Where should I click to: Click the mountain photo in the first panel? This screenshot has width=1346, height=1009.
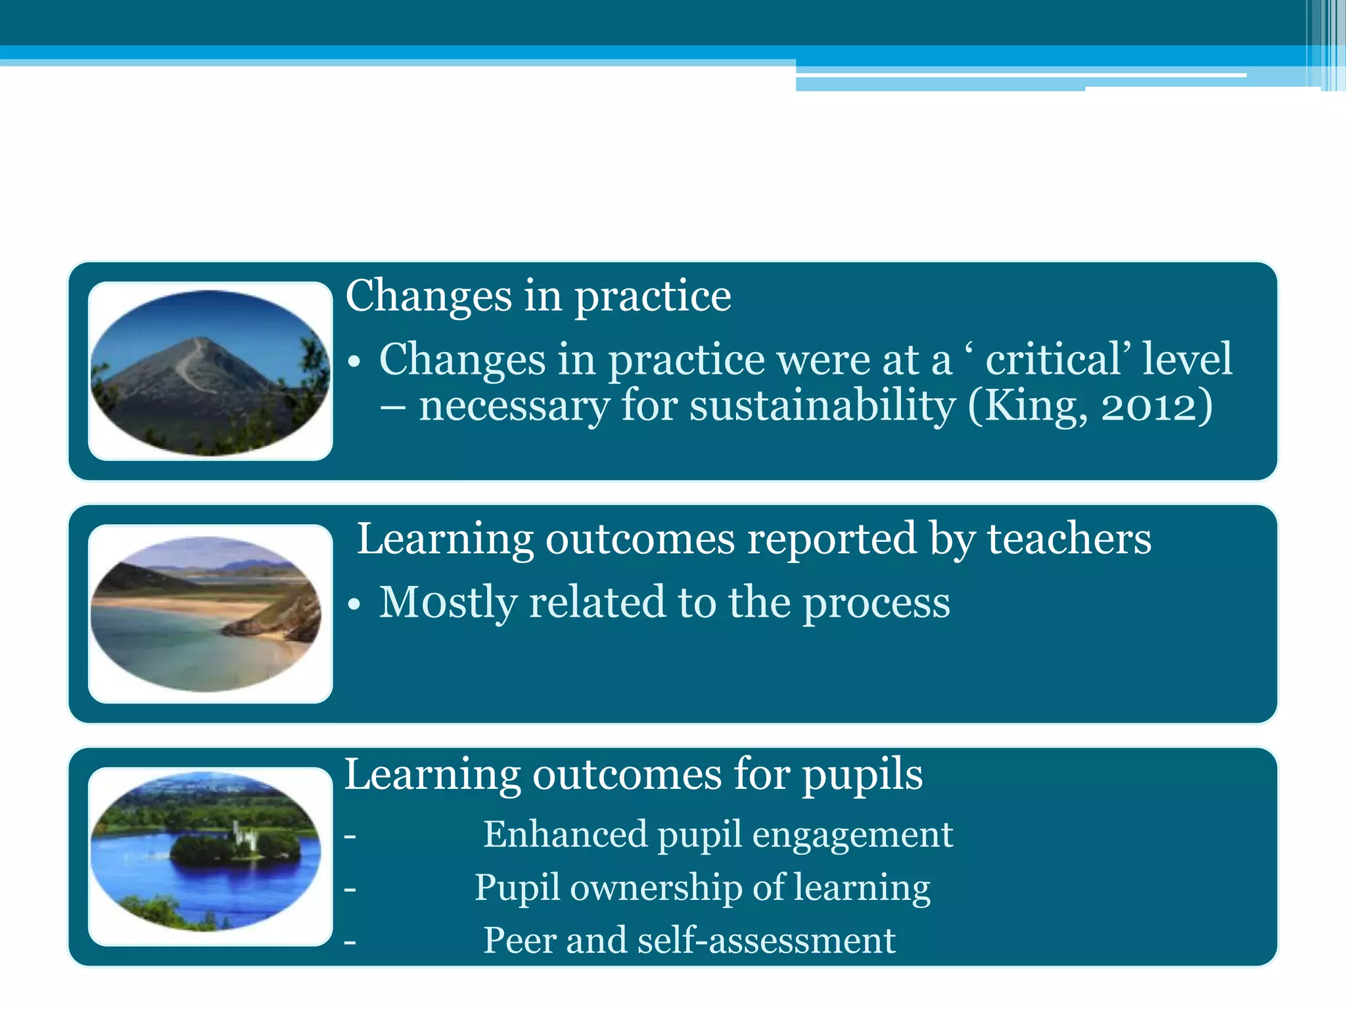coord(210,372)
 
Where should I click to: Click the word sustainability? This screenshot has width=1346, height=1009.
coord(822,405)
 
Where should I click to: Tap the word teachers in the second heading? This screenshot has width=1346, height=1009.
coord(1069,538)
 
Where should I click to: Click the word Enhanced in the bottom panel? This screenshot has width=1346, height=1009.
coord(565,834)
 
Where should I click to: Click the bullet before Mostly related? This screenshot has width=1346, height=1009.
coord(355,604)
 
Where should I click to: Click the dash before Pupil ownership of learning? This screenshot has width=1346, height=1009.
coord(350,889)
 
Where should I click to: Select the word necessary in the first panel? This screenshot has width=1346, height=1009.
coord(515,407)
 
